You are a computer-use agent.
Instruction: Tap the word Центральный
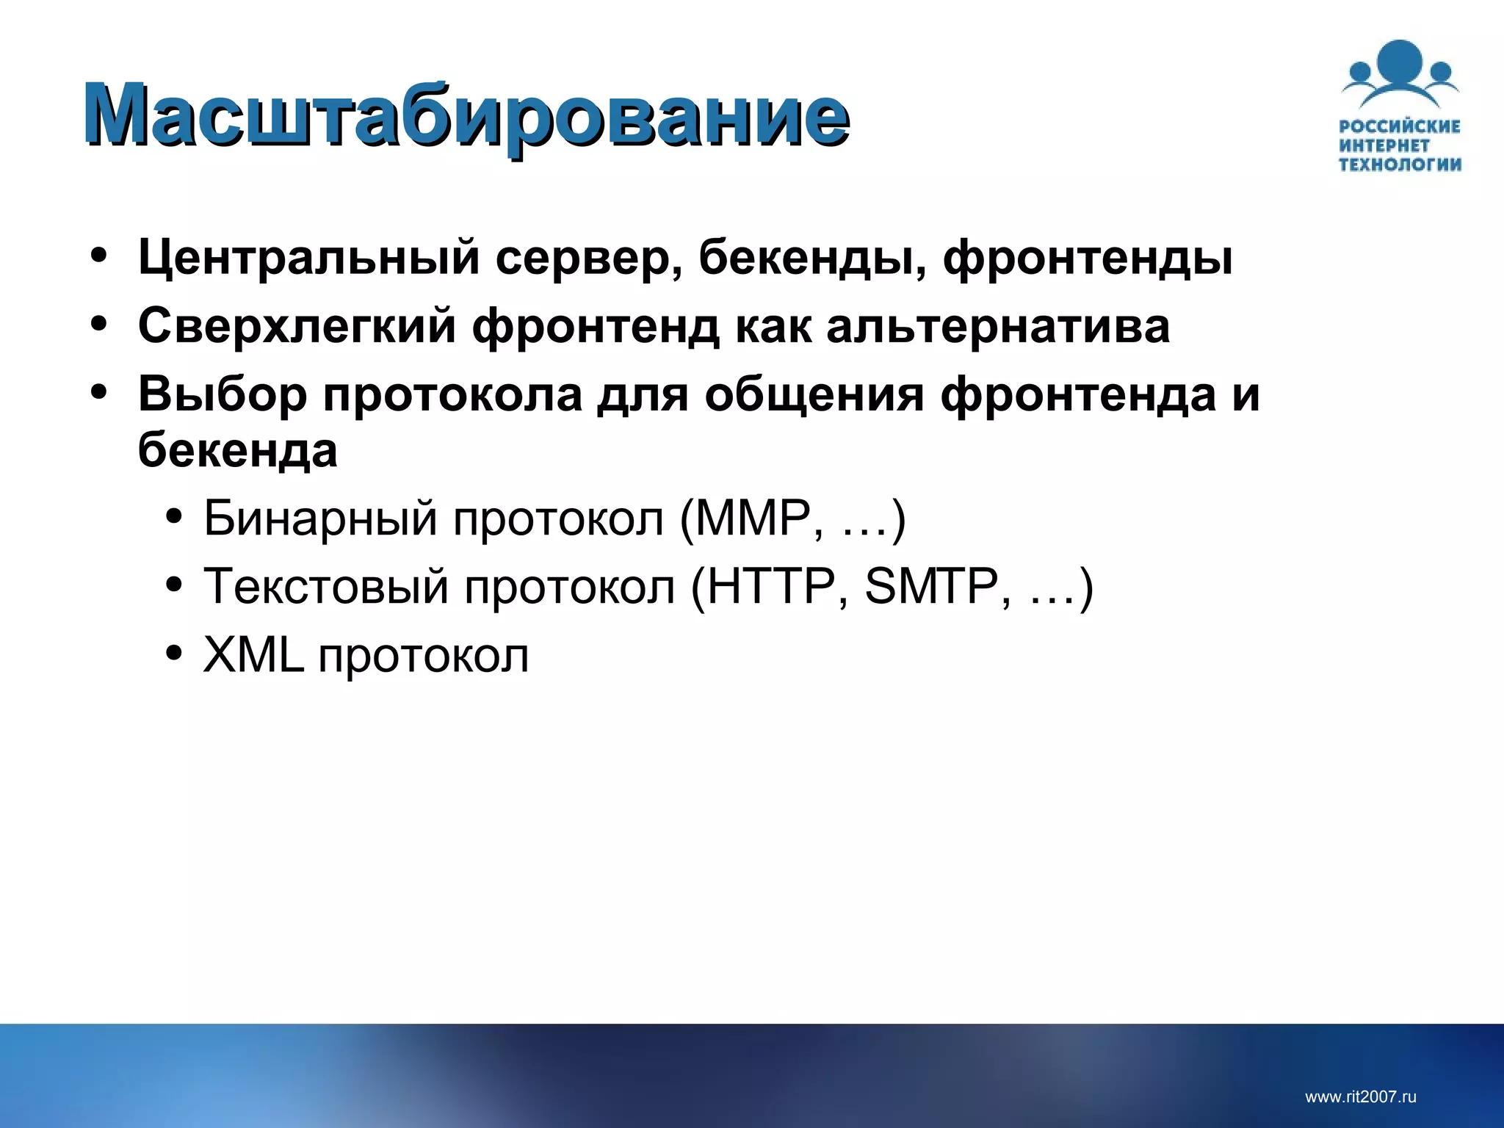(x=308, y=258)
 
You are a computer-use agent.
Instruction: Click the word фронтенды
(x=1087, y=258)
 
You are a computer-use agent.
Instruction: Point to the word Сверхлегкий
(x=297, y=325)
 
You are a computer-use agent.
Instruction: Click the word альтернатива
(x=997, y=325)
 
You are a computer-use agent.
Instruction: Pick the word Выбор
(x=222, y=394)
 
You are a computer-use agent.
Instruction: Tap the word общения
(x=814, y=395)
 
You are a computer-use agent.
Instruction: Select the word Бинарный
(x=320, y=518)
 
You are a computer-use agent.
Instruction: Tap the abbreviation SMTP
(x=931, y=587)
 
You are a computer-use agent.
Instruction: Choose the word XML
(x=253, y=655)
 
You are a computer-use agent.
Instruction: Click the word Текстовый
(x=325, y=587)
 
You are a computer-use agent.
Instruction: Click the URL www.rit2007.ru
(x=1360, y=1097)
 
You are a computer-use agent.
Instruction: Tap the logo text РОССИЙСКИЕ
(x=1399, y=126)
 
